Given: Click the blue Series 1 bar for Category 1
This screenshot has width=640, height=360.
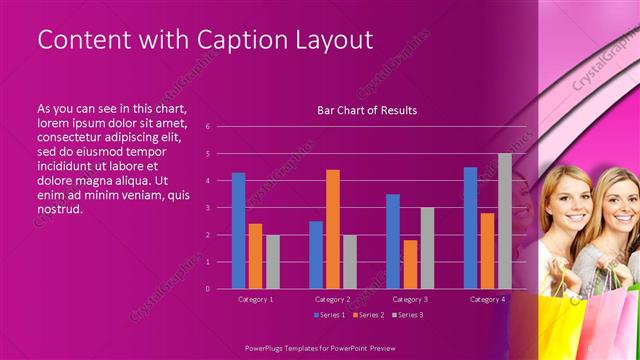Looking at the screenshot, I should tap(238, 231).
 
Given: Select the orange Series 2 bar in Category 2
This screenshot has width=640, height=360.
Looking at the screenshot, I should tap(332, 229).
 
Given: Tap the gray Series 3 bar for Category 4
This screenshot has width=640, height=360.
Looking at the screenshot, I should tap(504, 221).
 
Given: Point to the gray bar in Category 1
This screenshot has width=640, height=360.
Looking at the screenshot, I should tap(272, 262).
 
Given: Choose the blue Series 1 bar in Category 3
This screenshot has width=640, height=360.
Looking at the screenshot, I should tap(393, 241).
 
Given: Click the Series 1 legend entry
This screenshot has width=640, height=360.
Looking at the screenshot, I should tap(330, 315).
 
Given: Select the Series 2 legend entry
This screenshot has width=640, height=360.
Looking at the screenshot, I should tap(367, 315).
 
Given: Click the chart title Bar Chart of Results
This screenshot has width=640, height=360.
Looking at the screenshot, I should tap(367, 110).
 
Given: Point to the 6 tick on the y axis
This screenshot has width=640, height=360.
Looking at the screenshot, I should tap(207, 127).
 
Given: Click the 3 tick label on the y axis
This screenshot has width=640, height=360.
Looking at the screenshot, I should tap(207, 208).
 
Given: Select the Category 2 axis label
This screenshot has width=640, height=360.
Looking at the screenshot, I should tap(332, 299).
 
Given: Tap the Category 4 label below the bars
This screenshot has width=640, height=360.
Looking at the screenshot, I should tap(487, 299).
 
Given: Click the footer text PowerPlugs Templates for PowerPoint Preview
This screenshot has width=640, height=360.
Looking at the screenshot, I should tap(319, 347).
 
